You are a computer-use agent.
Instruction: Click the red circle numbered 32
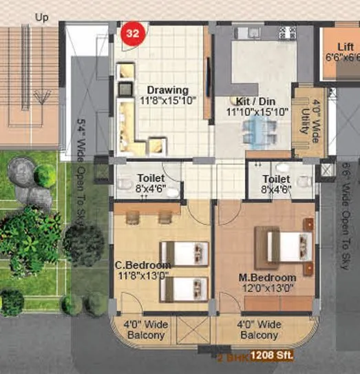pyautogui.click(x=131, y=33)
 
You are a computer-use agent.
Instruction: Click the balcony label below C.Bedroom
pyautogui.click(x=144, y=330)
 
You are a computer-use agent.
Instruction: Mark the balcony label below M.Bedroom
pyautogui.click(x=258, y=329)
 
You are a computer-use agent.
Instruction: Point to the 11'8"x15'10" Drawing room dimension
pyautogui.click(x=167, y=101)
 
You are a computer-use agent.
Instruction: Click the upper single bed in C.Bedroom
pyautogui.click(x=184, y=253)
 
